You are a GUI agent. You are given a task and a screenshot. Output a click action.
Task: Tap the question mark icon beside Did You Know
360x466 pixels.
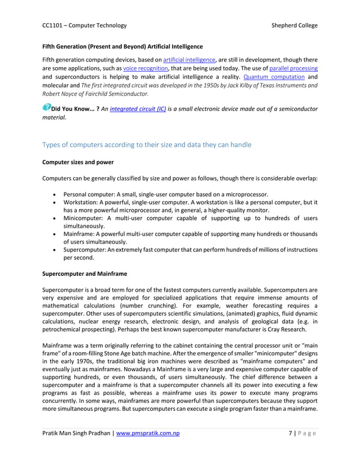click(46, 107)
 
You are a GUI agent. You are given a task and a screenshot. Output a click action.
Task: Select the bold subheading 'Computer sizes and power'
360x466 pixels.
click(78, 162)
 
